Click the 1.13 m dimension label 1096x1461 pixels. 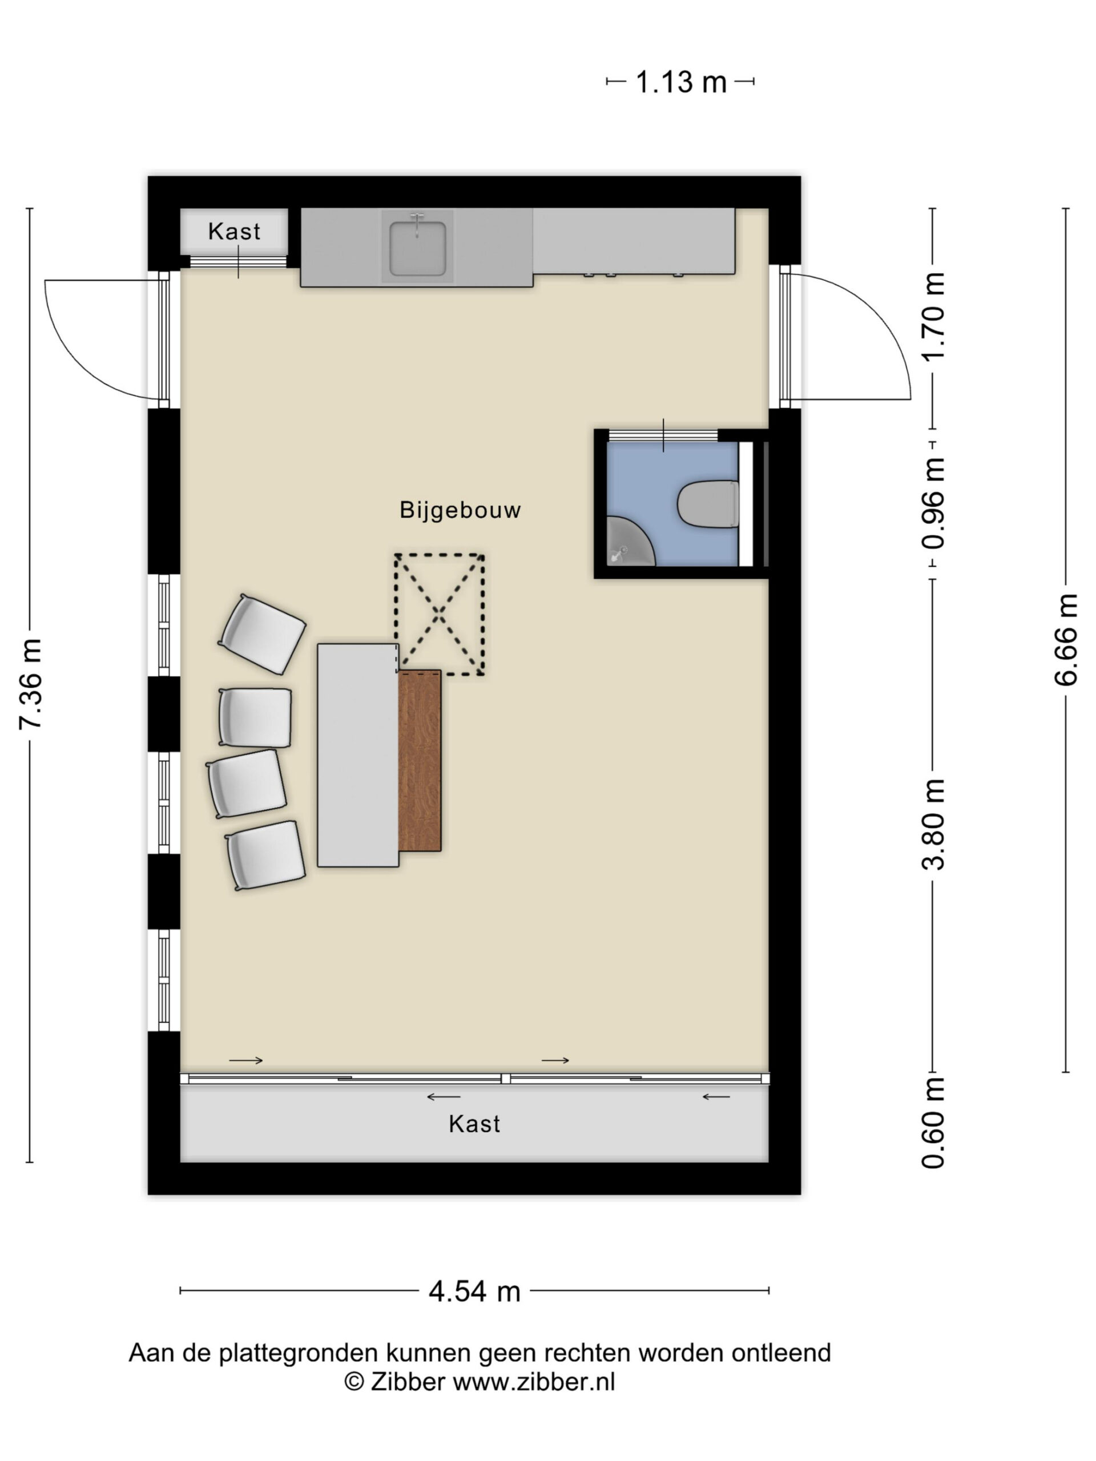point(680,83)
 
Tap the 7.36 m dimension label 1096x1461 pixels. point(31,684)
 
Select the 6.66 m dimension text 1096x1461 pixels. point(1066,640)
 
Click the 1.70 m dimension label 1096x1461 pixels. point(933,316)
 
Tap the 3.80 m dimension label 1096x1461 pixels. point(933,824)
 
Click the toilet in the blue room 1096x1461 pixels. point(707,504)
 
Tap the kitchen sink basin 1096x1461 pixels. point(417,248)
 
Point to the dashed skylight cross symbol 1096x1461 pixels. point(440,614)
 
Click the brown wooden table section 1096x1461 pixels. point(420,760)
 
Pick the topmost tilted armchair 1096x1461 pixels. point(262,634)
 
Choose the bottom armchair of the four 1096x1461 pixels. point(265,855)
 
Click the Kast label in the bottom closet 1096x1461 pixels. point(474,1124)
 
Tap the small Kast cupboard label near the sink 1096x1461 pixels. point(234,232)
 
